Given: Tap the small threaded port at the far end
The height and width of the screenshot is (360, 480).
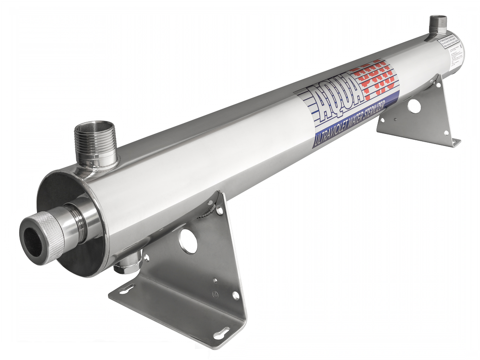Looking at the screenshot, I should coord(438,24).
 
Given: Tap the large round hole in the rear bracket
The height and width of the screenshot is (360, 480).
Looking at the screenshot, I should coord(414,106).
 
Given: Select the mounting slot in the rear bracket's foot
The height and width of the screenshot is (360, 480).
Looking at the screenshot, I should coord(454,142).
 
